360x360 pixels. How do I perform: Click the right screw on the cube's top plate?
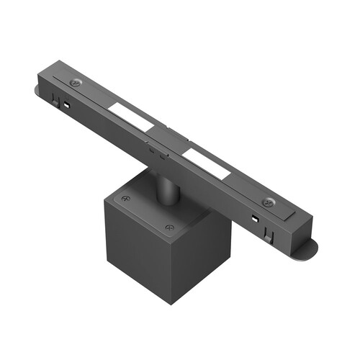coord(170,228)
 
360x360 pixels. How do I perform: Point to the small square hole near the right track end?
coord(254,217)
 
